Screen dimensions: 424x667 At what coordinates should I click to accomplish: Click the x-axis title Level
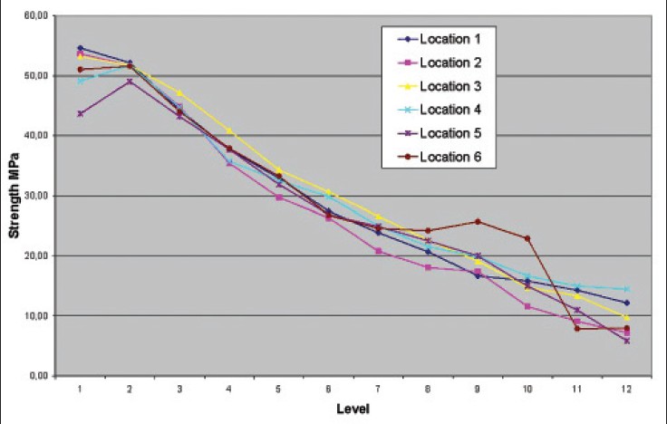point(350,409)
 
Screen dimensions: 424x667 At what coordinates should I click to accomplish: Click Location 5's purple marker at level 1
point(81,114)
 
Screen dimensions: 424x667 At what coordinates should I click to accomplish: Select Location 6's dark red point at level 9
point(477,221)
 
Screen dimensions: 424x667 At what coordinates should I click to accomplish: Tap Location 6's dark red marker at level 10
point(527,238)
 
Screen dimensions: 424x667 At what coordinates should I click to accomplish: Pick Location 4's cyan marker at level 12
point(625,289)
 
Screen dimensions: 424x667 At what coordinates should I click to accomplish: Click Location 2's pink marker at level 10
point(527,306)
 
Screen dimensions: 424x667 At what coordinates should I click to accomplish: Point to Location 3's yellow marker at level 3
point(179,93)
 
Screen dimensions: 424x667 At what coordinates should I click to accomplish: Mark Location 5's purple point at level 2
point(130,82)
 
